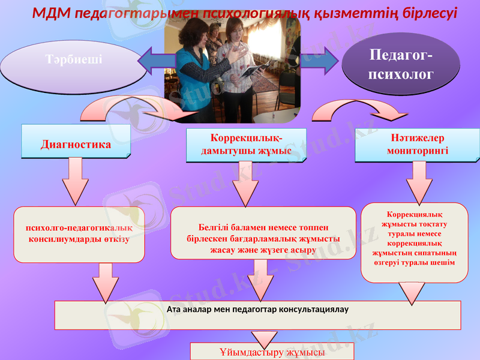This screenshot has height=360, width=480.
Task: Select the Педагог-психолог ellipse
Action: [401, 65]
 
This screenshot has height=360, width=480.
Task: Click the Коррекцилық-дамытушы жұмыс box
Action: [247, 145]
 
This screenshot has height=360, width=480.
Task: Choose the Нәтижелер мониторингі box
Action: [418, 145]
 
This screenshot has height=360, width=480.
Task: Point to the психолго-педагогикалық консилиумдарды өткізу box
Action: [79, 235]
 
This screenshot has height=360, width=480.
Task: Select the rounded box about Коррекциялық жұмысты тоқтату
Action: [414, 242]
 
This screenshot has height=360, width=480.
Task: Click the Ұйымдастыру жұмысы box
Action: [272, 352]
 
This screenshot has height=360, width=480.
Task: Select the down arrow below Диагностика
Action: [75, 181]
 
